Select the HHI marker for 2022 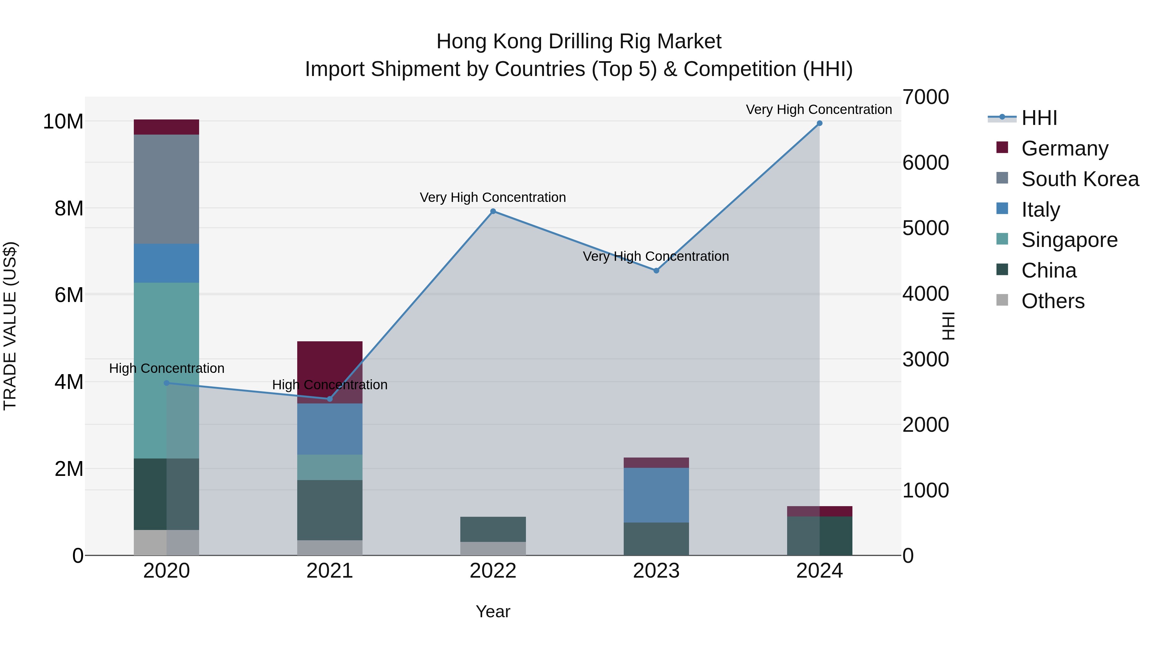pos(493,212)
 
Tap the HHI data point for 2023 pos(656,270)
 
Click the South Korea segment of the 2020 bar pos(166,189)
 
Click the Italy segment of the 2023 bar pos(656,495)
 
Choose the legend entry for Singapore pos(1069,240)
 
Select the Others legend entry pos(1052,301)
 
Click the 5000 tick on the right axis pos(925,228)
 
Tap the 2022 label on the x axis pos(493,571)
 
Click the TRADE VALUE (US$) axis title pos(10,326)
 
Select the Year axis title pos(493,611)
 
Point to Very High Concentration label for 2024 pos(819,109)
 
